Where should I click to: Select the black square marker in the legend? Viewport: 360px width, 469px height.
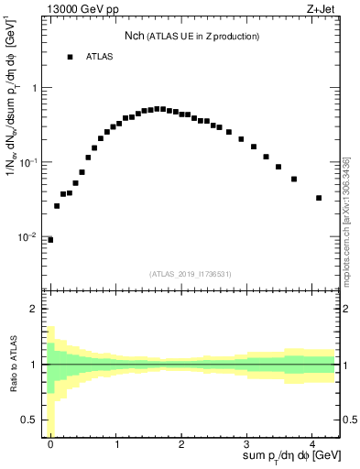pyautogui.click(x=70, y=57)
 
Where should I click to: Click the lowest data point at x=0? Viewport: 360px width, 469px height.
pyautogui.click(x=50, y=240)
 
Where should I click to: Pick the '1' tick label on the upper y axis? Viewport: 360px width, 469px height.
pyautogui.click(x=35, y=88)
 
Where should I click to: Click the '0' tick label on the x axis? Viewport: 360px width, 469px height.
pyautogui.click(x=50, y=442)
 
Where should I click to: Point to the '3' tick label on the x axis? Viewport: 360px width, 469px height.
pyautogui.click(x=248, y=442)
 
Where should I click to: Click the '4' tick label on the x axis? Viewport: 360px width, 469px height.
pyautogui.click(x=313, y=442)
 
